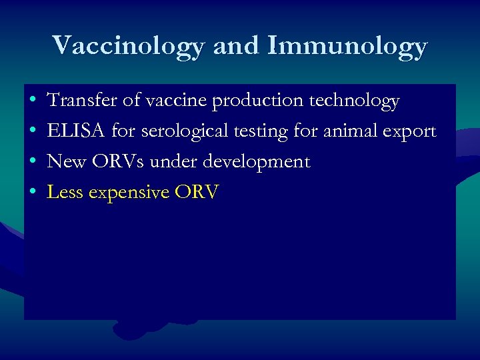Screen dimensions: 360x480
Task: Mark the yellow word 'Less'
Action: point(65,193)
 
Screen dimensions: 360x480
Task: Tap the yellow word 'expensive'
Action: point(129,193)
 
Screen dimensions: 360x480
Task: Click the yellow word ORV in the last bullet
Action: point(196,193)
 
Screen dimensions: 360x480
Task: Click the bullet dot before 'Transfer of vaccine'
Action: point(33,101)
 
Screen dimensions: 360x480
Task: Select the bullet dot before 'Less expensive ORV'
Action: point(33,193)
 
